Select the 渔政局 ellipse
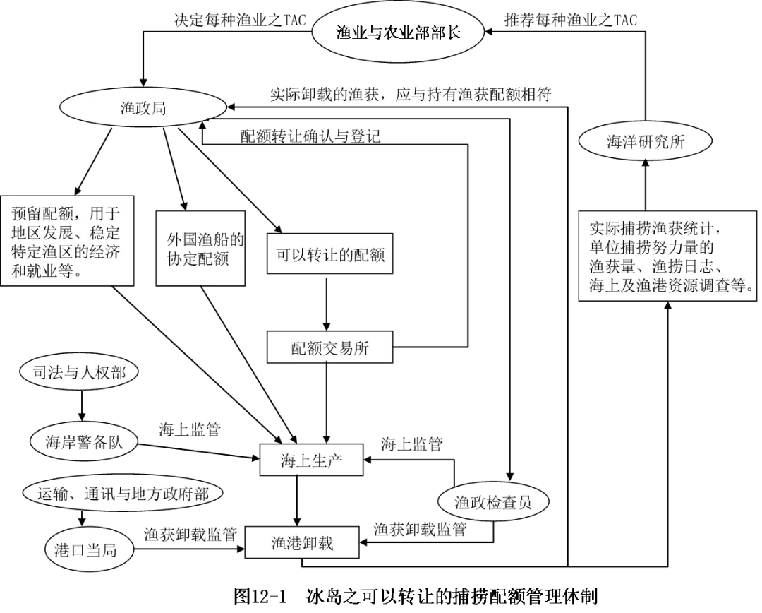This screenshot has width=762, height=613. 143,108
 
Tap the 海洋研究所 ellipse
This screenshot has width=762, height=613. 645,141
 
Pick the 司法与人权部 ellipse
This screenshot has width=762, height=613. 78,372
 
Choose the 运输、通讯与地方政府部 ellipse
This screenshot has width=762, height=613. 122,494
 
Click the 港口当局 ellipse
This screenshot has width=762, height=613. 85,550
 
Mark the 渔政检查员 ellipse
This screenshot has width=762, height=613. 492,503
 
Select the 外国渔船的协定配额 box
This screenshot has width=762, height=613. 201,249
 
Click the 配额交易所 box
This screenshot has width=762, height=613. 329,347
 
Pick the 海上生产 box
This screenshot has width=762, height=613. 311,461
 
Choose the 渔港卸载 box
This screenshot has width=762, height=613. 302,543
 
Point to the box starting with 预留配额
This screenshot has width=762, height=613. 66,241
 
